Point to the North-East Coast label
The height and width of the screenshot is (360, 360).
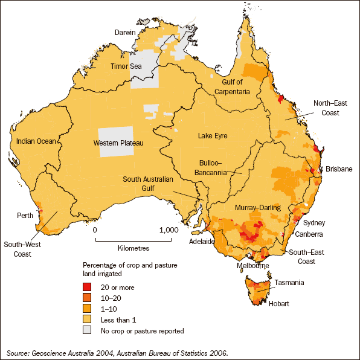[x=326, y=107]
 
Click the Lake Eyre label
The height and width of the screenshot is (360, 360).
[x=213, y=136]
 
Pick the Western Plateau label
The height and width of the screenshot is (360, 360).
[x=118, y=143]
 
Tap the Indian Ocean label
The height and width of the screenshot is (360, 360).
[x=36, y=141]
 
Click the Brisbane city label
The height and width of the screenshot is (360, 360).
[x=338, y=169]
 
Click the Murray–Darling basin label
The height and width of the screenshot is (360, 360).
[x=259, y=208]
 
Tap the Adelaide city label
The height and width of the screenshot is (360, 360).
[x=202, y=241]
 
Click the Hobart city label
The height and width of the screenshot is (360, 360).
[x=280, y=305]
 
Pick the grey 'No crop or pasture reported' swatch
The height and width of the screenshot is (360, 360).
[x=89, y=330]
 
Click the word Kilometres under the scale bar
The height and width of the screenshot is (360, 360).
[x=131, y=248]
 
